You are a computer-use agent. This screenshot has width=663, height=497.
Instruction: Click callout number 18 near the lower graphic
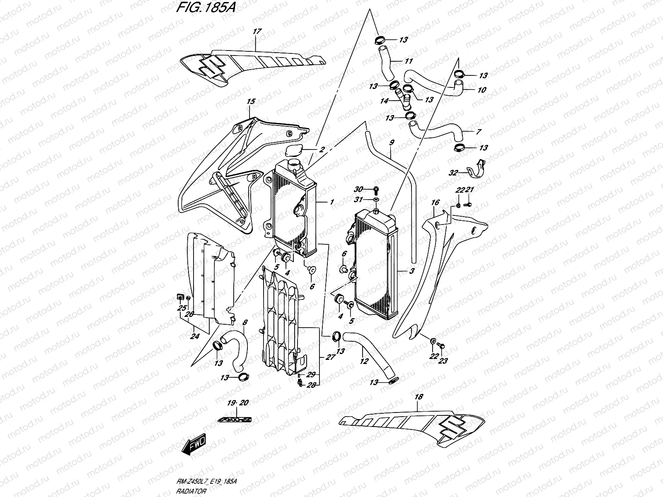[419, 397]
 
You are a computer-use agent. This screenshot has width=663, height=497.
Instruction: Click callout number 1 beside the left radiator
[331, 203]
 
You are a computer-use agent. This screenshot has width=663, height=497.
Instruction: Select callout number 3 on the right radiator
[412, 271]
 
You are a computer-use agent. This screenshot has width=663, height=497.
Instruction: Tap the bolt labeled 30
[376, 190]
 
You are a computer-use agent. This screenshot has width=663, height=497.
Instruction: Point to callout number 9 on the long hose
[392, 142]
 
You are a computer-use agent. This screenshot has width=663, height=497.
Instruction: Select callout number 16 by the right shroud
[435, 203]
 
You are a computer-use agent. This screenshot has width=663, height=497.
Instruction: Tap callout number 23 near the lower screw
[443, 361]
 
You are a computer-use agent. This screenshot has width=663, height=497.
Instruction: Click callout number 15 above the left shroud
[250, 101]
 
